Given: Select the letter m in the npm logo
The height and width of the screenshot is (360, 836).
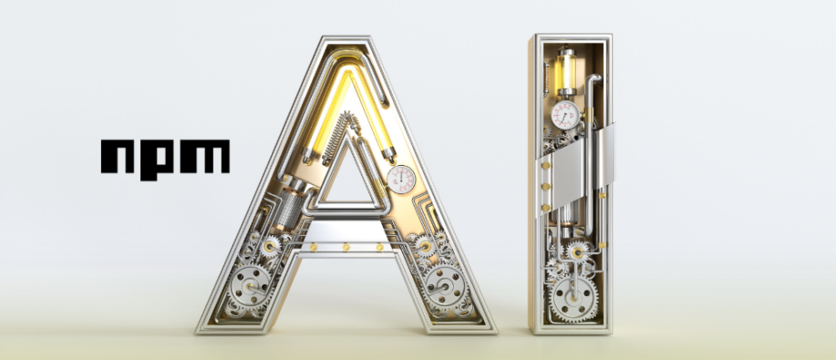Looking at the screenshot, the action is pyautogui.click(x=205, y=156).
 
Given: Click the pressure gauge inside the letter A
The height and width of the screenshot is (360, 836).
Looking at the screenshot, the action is pyautogui.click(x=401, y=179).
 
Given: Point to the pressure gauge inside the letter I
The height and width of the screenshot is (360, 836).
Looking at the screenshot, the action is pyautogui.click(x=565, y=115).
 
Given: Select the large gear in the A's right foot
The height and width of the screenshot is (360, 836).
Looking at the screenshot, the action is pyautogui.click(x=445, y=287).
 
